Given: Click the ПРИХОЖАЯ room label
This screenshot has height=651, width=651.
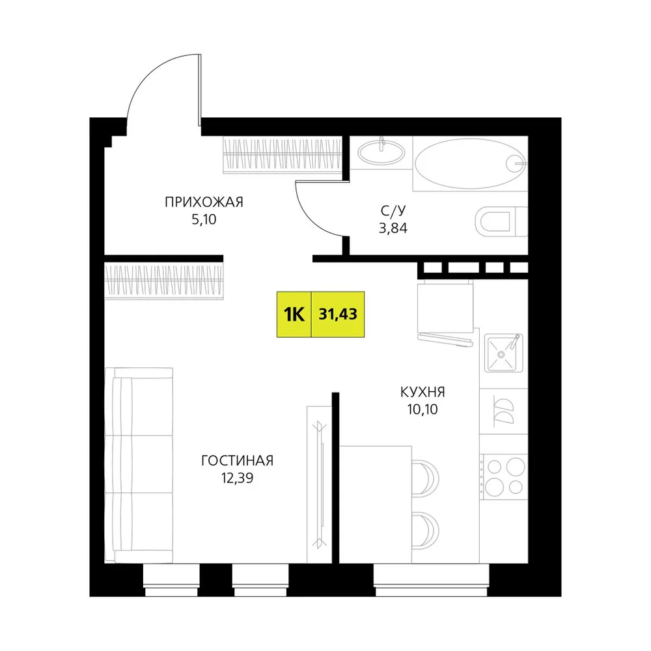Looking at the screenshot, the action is (x=204, y=202).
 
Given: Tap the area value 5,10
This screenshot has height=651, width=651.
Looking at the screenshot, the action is (x=204, y=219).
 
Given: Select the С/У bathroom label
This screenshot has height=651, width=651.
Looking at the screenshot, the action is (x=393, y=211).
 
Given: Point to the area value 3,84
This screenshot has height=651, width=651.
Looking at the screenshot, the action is (x=393, y=229).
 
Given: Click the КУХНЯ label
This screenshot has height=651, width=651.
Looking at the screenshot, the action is (x=422, y=392).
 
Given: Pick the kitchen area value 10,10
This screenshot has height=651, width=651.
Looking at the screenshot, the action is (x=422, y=409).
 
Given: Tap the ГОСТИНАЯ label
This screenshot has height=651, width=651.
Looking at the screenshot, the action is (x=237, y=461).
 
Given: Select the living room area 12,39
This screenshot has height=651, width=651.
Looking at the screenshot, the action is (x=237, y=478).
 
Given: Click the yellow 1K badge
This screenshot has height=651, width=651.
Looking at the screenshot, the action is (x=294, y=314).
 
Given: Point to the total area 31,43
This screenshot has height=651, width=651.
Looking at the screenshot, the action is (x=338, y=314).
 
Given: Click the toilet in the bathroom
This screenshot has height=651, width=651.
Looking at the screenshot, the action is (x=501, y=221).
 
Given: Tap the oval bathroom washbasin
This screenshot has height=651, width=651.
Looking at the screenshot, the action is (x=381, y=152).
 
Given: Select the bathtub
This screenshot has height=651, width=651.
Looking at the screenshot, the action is (x=471, y=163).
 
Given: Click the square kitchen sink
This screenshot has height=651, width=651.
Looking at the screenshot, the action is (x=504, y=353).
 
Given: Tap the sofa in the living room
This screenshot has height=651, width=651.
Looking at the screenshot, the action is (x=139, y=465).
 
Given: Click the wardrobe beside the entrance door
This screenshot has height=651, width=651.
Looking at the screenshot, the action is (x=283, y=154).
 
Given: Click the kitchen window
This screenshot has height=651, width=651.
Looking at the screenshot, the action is (x=431, y=580).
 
